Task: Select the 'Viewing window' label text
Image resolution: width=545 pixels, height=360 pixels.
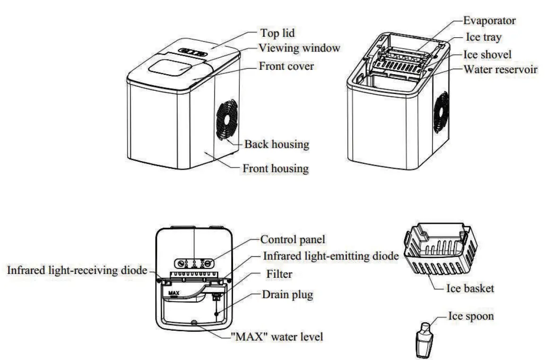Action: pyautogui.click(x=299, y=48)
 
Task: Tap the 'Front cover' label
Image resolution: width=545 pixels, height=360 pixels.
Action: pyautogui.click(x=286, y=66)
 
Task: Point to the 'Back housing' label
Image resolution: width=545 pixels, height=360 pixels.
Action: pyautogui.click(x=277, y=144)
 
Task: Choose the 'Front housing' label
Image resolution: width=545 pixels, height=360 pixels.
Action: pyautogui.click(x=275, y=168)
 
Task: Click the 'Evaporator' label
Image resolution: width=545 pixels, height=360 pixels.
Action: pyautogui.click(x=489, y=20)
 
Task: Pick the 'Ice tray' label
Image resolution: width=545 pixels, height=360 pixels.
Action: pyautogui.click(x=484, y=37)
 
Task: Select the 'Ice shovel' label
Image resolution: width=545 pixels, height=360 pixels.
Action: pyautogui.click(x=487, y=54)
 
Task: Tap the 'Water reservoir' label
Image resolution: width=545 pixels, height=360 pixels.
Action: pyautogui.click(x=500, y=70)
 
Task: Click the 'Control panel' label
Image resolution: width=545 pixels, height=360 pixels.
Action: pyautogui.click(x=293, y=240)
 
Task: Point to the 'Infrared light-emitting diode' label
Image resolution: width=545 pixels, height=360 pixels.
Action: pyautogui.click(x=331, y=256)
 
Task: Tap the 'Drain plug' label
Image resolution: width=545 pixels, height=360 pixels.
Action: pyautogui.click(x=287, y=295)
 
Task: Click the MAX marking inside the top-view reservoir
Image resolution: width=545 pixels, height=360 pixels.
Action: pyautogui.click(x=173, y=293)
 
